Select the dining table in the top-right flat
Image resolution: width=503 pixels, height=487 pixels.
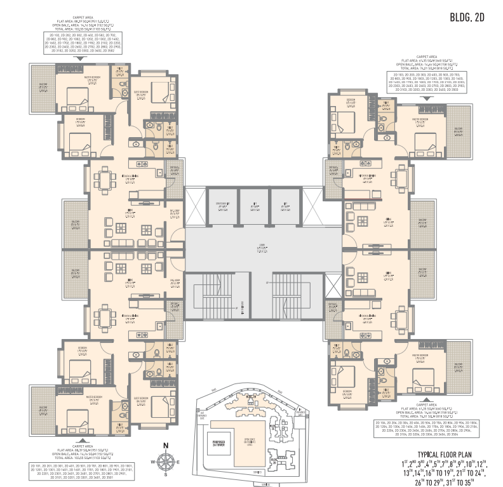[401, 177]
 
